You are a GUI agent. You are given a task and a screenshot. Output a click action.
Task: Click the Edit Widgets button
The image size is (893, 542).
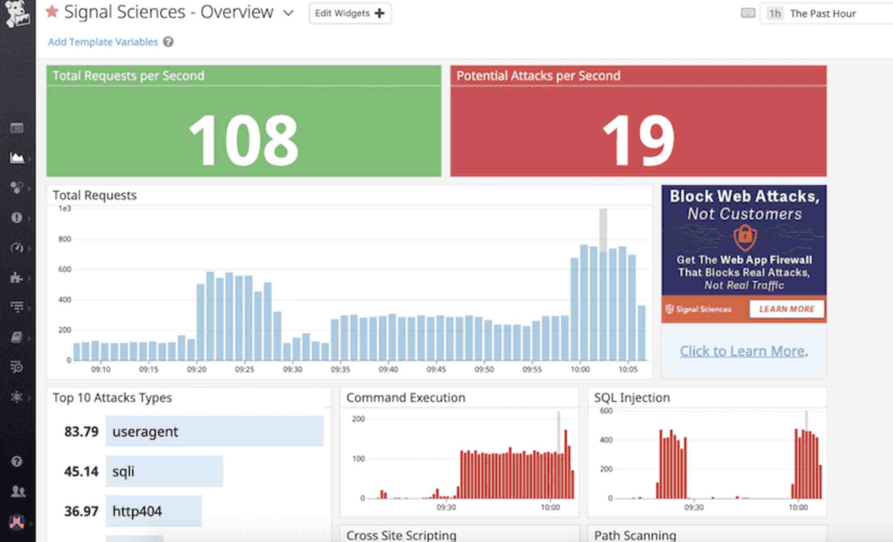coord(349,13)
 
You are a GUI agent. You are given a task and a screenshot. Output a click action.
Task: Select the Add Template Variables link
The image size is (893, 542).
coord(103,42)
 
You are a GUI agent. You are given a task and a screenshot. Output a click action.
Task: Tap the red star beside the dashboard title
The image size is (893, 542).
coord(52,12)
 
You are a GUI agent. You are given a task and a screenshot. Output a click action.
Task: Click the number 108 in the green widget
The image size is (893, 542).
coord(243,140)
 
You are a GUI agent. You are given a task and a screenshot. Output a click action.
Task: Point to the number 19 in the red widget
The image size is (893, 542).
coord(638,140)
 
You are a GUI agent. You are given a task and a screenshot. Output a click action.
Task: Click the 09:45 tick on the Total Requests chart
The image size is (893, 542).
coord(436,369)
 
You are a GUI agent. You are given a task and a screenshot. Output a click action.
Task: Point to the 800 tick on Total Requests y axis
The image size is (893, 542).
coord(65,239)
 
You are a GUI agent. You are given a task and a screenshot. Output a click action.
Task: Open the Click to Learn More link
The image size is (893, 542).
coord(742,351)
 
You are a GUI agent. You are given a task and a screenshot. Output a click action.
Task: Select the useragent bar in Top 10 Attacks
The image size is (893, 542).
coord(214,431)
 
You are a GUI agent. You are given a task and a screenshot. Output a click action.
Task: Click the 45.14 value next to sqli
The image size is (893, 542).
coord(81,471)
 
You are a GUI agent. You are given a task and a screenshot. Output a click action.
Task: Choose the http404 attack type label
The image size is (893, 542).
coord(137,511)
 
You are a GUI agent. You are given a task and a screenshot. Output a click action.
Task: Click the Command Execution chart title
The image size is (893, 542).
coord(405,398)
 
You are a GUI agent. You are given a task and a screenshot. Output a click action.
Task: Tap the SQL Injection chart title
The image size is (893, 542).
coord(631,398)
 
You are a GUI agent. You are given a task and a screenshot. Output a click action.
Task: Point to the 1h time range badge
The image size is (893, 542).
coord(774,13)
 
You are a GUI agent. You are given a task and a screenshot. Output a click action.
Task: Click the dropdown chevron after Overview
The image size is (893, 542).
coord(288,13)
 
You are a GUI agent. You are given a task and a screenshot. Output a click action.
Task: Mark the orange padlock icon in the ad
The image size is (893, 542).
coord(744,237)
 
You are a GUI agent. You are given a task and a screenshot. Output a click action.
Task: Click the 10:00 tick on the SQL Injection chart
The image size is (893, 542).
coord(798,507)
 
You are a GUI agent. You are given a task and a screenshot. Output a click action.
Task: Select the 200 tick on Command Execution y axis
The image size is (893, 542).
coord(358,419)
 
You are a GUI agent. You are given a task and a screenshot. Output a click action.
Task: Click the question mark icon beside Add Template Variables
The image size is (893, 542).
coord(168,42)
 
